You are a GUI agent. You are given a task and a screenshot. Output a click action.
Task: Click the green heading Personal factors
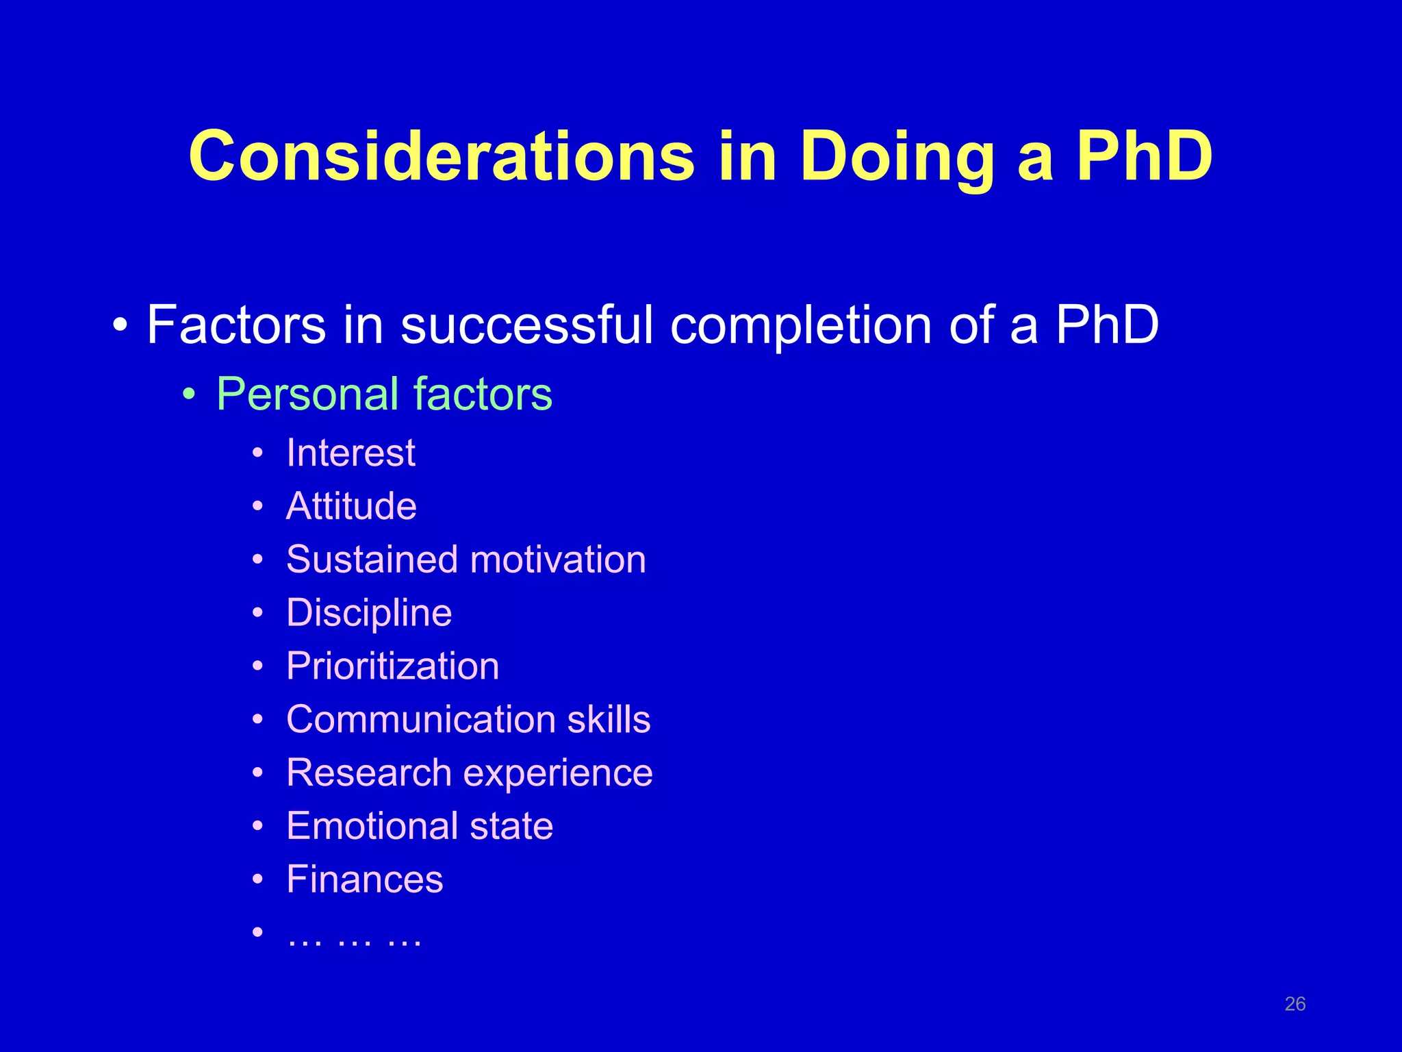click(x=384, y=394)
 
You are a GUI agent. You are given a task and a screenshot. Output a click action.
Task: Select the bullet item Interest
click(x=350, y=453)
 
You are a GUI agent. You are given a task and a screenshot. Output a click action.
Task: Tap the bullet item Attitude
click(x=351, y=506)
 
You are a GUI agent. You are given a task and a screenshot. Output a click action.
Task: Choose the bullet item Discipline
click(x=369, y=612)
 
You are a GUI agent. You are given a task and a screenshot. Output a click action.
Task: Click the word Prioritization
click(x=393, y=666)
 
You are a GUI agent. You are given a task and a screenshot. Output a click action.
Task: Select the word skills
click(x=609, y=719)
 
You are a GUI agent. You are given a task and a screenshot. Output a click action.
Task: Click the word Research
click(x=369, y=773)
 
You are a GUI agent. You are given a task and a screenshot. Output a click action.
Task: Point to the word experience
click(x=558, y=773)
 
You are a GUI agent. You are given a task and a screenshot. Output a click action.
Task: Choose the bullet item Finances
click(x=365, y=879)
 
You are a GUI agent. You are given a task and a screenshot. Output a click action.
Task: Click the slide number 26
click(x=1295, y=1004)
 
